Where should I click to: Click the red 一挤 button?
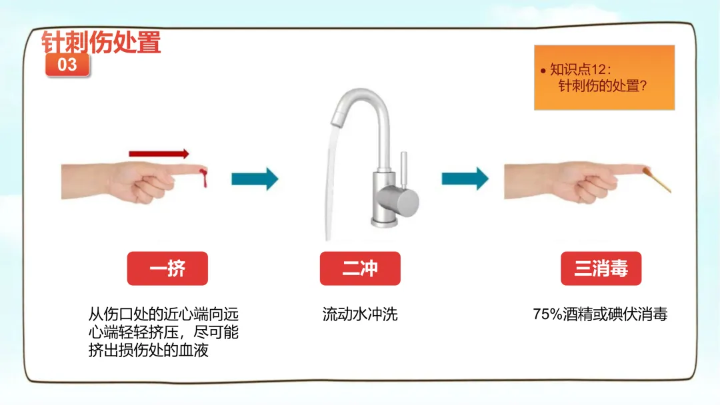tap(167, 268)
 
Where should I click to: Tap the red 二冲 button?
tap(360, 268)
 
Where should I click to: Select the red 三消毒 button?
tap(601, 268)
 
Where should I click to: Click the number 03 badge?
tap(67, 65)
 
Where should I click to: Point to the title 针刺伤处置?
tap(101, 42)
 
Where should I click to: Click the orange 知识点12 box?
tap(604, 77)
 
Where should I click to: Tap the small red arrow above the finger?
tap(159, 154)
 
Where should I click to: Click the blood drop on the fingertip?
tap(203, 177)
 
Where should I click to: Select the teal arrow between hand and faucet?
tap(255, 179)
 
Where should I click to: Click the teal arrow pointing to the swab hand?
tap(465, 179)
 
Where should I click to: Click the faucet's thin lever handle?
tap(403, 169)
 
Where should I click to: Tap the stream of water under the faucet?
tap(331, 183)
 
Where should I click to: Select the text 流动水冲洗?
tap(360, 314)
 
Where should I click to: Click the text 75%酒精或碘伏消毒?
tap(600, 314)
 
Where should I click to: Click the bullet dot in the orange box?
tap(543, 71)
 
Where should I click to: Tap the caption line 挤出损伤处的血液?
tap(148, 350)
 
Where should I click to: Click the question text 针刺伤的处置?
tap(603, 86)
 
